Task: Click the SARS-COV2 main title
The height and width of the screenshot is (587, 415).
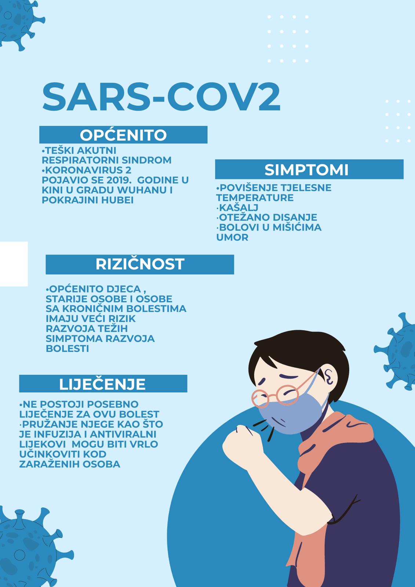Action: click(x=161, y=97)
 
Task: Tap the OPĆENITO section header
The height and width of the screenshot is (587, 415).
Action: click(x=123, y=135)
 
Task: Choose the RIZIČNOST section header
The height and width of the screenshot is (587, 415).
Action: click(x=140, y=264)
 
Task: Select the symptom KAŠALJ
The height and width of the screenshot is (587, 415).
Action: click(x=238, y=207)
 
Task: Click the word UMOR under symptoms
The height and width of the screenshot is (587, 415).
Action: click(x=232, y=237)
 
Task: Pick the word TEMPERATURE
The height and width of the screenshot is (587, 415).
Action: click(x=255, y=198)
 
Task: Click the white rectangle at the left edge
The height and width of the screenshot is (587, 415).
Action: click(x=14, y=264)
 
